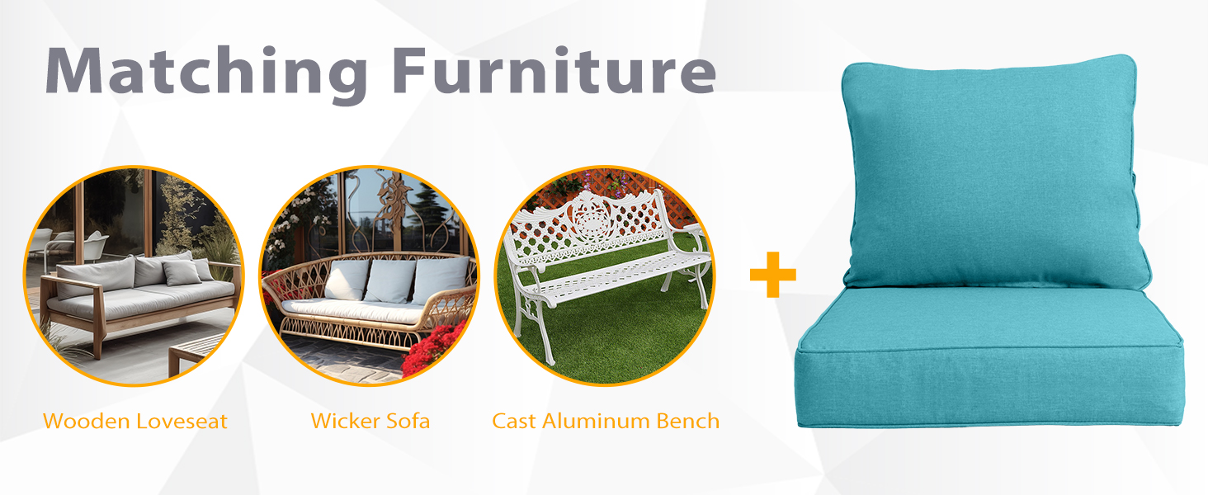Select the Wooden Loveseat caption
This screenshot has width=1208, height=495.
(x=134, y=422)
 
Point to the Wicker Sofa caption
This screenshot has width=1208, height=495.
(x=370, y=422)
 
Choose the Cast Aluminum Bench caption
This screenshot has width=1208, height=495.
(x=606, y=422)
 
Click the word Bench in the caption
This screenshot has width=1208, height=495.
(x=688, y=422)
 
